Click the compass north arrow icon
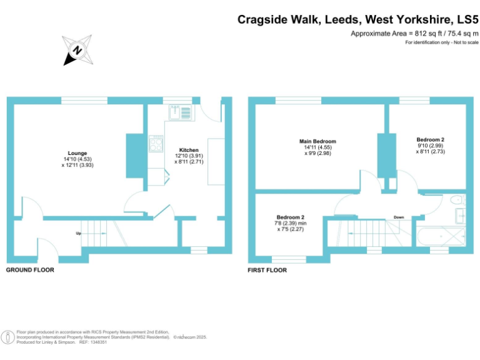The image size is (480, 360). tap(76, 50)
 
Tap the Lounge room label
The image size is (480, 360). tap(77, 153)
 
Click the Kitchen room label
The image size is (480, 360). tap(189, 150)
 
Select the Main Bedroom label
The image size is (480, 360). tap(317, 141)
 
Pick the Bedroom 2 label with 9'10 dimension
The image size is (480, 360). tap(431, 139)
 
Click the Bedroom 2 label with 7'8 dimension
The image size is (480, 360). tap(291, 217)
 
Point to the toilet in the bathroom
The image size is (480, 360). tap(457, 200)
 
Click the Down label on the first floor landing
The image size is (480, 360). tap(399, 217)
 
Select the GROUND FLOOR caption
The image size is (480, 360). tap(30, 271)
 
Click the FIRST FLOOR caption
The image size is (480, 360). tap(267, 271)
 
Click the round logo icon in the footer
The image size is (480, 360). tap(8, 337)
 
